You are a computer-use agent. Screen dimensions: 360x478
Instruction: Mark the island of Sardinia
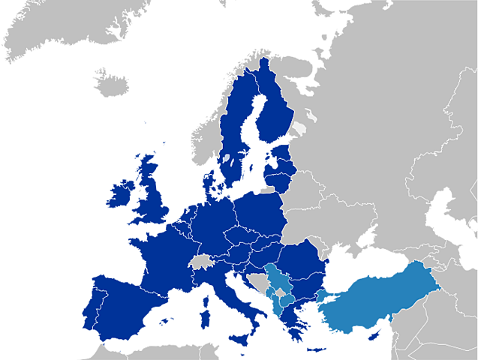[203, 307]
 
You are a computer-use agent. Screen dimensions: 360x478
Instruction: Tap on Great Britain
[154, 199]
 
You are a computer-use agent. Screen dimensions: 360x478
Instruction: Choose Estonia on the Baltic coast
[282, 162]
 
